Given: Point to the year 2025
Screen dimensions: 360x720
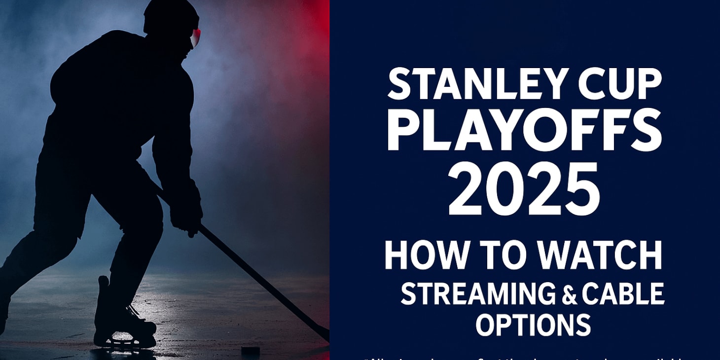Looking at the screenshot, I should pos(524,190).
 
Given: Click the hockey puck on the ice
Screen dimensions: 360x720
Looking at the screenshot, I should pos(250,351).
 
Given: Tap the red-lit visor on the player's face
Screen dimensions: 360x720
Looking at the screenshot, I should pos(196,37).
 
